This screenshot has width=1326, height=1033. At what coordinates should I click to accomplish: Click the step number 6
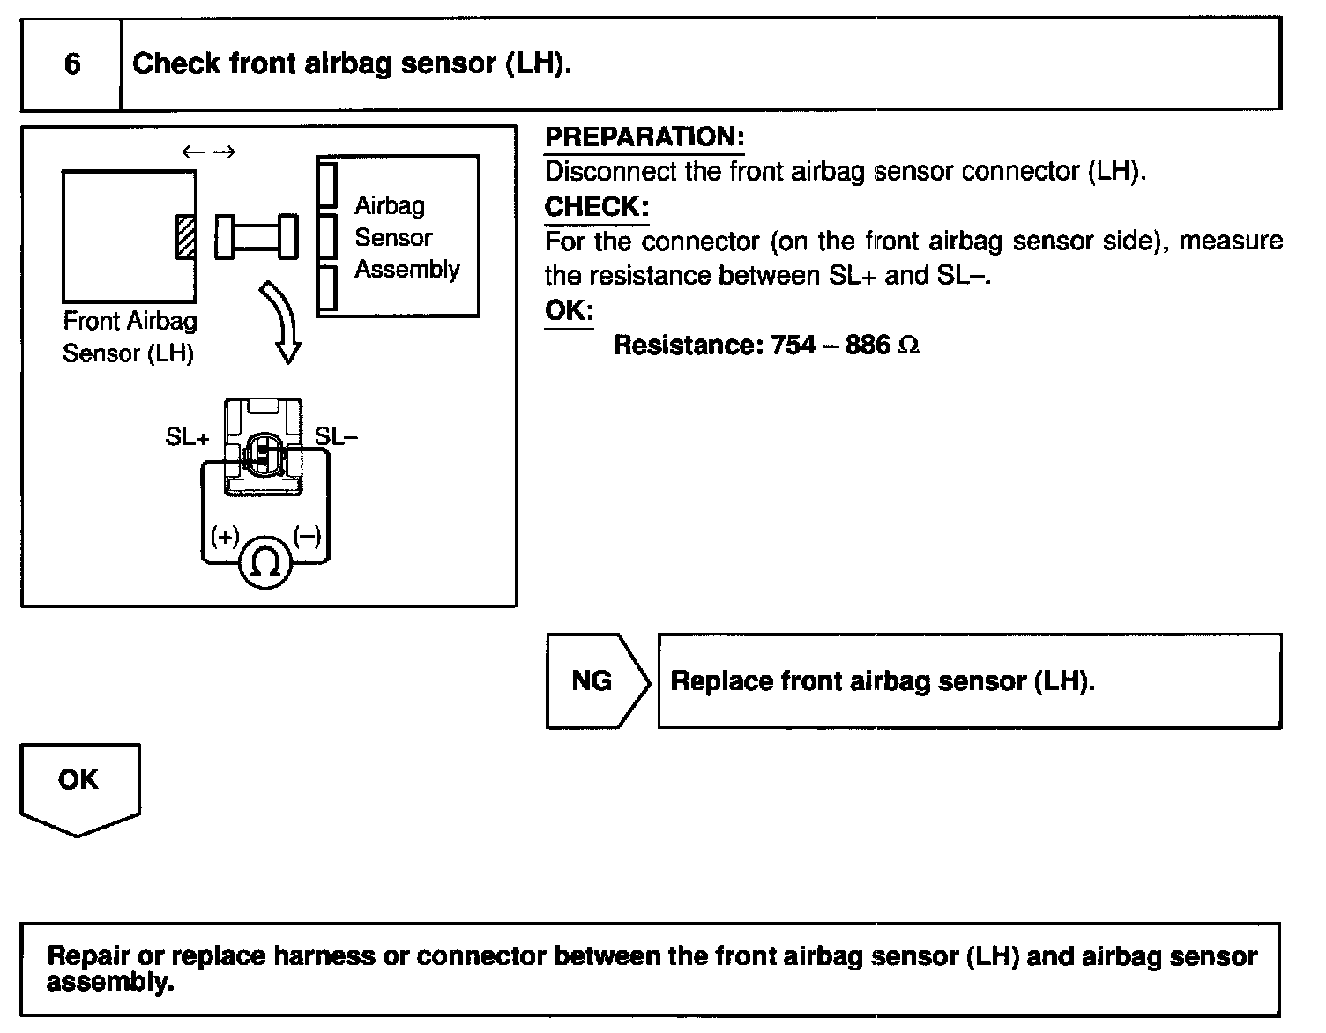[72, 64]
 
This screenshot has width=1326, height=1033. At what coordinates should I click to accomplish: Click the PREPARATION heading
[644, 137]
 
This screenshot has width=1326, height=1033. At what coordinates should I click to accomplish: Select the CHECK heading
[596, 207]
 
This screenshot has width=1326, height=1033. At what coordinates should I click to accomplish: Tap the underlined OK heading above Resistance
[569, 310]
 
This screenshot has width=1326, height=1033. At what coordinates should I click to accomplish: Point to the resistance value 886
[868, 345]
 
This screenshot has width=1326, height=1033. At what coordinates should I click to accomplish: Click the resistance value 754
[793, 345]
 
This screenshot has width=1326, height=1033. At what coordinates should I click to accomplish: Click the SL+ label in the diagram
[187, 436]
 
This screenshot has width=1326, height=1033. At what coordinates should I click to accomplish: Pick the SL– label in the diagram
[336, 436]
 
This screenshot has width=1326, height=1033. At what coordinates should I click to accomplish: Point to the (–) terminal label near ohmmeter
[306, 536]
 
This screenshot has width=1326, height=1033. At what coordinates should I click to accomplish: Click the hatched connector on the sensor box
[185, 236]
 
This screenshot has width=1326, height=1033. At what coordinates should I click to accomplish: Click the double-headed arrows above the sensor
[209, 152]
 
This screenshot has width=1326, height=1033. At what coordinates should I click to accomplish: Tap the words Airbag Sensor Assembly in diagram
[406, 237]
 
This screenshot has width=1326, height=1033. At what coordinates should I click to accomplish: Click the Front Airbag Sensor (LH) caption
[129, 338]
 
